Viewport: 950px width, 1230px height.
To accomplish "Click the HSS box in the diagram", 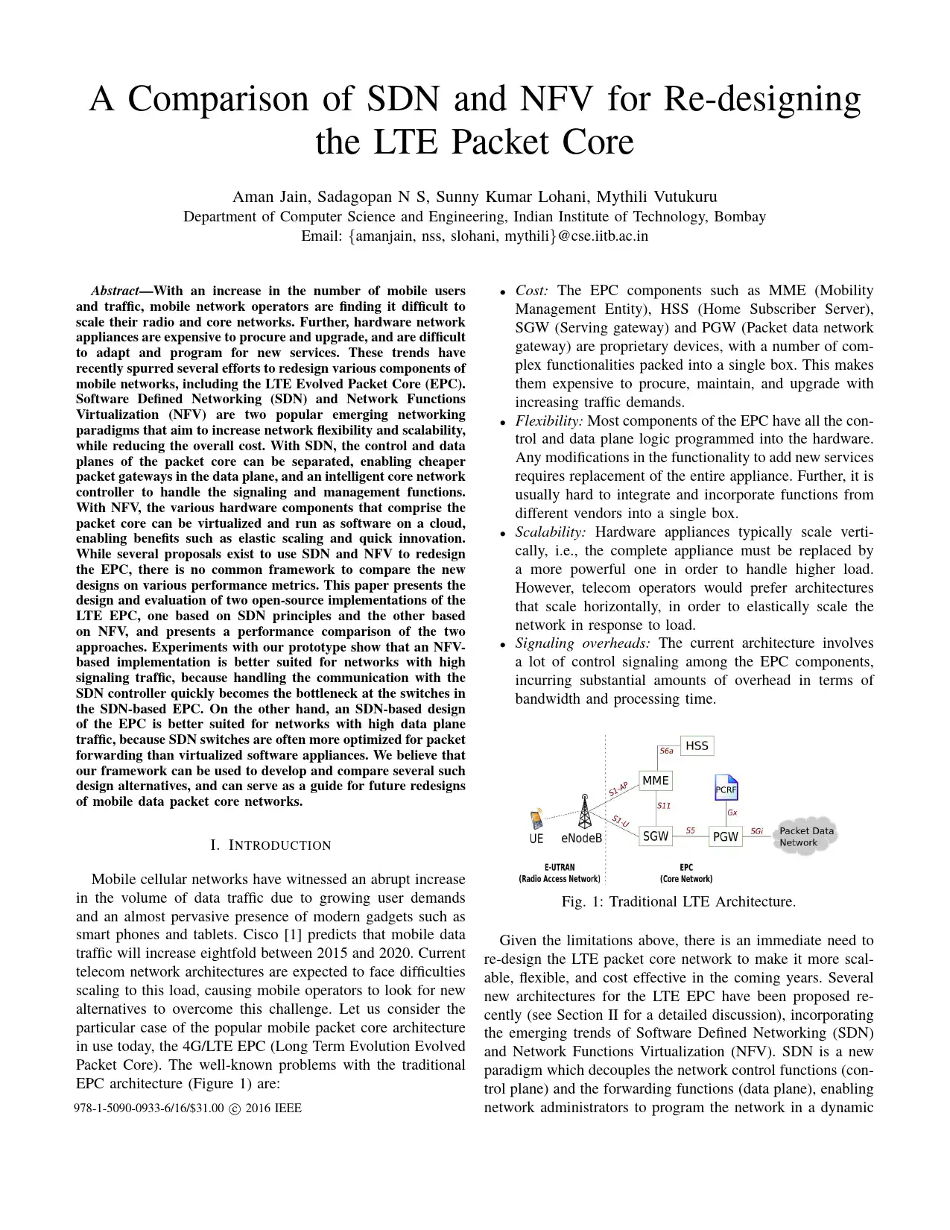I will pos(697,745).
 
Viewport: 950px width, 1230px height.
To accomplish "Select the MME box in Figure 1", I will pos(656,780).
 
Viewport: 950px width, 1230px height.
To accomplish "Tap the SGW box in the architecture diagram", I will pos(656,836).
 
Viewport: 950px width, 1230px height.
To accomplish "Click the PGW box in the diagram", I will pos(725,836).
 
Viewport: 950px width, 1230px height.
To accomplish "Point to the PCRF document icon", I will pos(726,788).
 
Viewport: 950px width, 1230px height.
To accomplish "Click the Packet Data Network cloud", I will pos(806,836).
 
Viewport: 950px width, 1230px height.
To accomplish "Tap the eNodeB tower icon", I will pos(585,813).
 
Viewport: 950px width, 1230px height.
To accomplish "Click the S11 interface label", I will pos(664,806).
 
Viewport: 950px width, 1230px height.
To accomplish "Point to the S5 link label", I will pos(691,830).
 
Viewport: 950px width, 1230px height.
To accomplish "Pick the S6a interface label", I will pos(667,751).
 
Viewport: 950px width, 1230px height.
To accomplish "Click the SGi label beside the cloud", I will pos(756,831).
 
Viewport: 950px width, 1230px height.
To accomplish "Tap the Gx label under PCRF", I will pos(732,813).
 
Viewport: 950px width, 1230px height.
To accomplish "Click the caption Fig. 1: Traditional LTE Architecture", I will pos(678,902).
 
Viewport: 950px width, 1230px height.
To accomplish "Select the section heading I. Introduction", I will pos(270,845).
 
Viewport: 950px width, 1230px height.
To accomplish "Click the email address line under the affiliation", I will pos(475,236).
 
